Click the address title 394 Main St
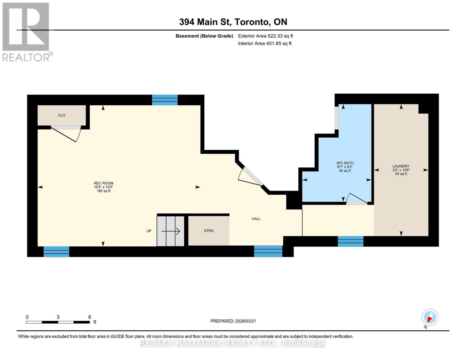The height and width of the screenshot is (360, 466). [233, 22]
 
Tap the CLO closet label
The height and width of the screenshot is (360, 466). [62, 115]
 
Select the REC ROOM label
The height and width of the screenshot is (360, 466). [104, 183]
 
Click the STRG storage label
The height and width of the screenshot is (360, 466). [209, 231]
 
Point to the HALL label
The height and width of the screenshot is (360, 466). [256, 219]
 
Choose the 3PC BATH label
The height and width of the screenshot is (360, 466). [345, 163]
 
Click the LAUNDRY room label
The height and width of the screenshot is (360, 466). [401, 166]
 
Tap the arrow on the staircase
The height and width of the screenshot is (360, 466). [170, 231]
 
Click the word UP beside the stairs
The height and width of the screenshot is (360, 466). [149, 231]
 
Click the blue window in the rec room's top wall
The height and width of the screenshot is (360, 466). [165, 100]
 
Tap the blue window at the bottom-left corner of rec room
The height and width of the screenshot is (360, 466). [56, 251]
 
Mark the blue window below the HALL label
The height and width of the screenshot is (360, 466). [268, 251]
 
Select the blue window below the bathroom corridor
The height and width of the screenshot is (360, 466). [350, 241]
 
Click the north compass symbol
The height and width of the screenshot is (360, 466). [430, 317]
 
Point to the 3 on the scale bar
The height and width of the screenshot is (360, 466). [58, 317]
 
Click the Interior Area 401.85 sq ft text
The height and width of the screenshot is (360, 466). [265, 43]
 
